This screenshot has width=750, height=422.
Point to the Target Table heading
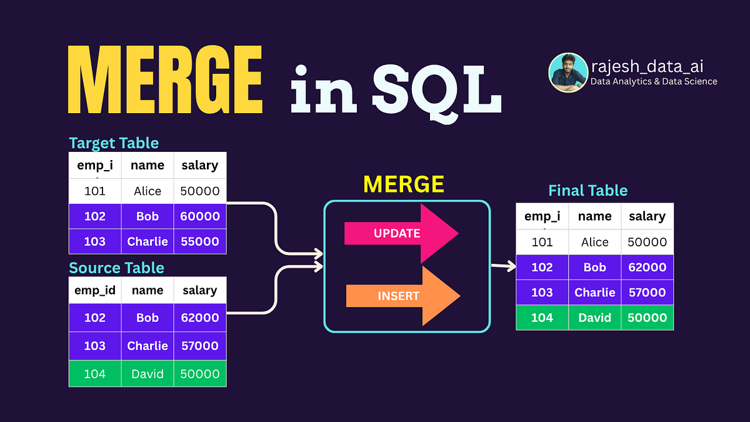tap(114, 143)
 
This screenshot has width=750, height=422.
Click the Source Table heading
tap(116, 268)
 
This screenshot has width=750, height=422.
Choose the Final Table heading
tap(587, 191)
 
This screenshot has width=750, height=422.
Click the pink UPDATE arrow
tap(401, 233)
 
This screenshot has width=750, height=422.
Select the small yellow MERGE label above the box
tap(404, 184)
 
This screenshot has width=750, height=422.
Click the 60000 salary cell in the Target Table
tap(200, 216)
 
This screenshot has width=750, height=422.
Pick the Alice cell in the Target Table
tap(147, 191)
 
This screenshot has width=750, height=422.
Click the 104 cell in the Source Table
tap(95, 374)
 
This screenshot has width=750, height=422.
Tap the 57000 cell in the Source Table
tap(200, 346)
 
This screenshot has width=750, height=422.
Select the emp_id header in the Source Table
tap(95, 290)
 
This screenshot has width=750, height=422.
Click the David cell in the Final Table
tap(594, 318)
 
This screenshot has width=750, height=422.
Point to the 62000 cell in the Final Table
tap(647, 267)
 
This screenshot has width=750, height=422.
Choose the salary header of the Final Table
tap(647, 216)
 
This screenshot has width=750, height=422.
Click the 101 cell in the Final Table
tap(542, 242)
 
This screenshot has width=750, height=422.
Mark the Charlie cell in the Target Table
tap(147, 241)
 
